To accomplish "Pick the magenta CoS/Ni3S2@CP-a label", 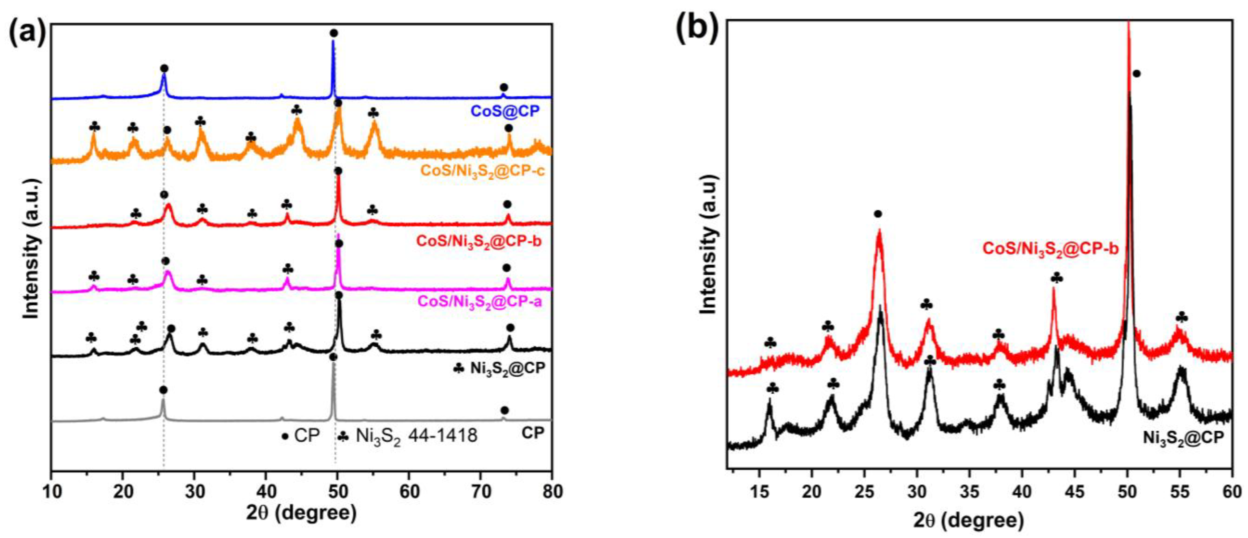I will pos(479,302).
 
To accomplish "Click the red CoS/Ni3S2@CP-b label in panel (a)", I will pos(479,241).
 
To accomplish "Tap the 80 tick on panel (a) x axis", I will pos(551,492).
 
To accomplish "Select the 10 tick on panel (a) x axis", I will pos(52,492).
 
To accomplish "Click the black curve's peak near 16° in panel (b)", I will pos(769,417).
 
